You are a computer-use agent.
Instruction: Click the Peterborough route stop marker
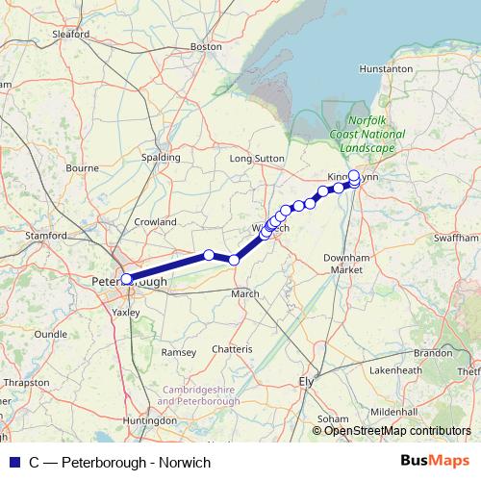tap(126, 279)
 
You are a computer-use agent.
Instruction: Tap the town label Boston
tap(207, 45)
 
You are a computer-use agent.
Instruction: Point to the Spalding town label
tap(160, 157)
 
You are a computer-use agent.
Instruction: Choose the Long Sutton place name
tap(253, 157)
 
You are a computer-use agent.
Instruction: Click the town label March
tap(245, 293)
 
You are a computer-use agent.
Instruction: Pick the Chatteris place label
tap(232, 348)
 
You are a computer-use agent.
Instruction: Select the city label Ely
tap(308, 381)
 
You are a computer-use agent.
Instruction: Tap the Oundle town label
tap(51, 334)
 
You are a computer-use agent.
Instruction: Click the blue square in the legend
tap(12, 463)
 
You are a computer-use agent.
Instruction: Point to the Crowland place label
tap(155, 221)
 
